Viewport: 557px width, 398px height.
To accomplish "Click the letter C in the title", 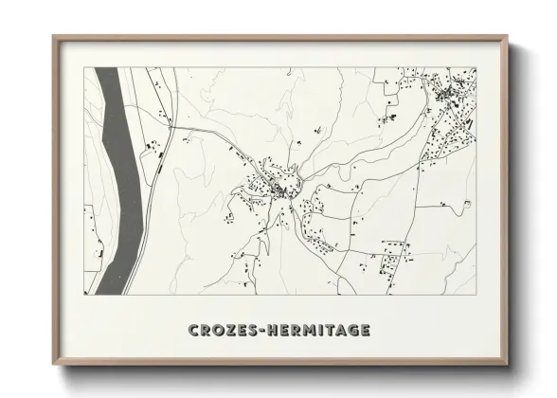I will click(195, 331).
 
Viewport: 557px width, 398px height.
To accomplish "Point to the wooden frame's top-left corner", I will click(54, 37).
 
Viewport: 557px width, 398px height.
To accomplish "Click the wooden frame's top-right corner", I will click(508, 37).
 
